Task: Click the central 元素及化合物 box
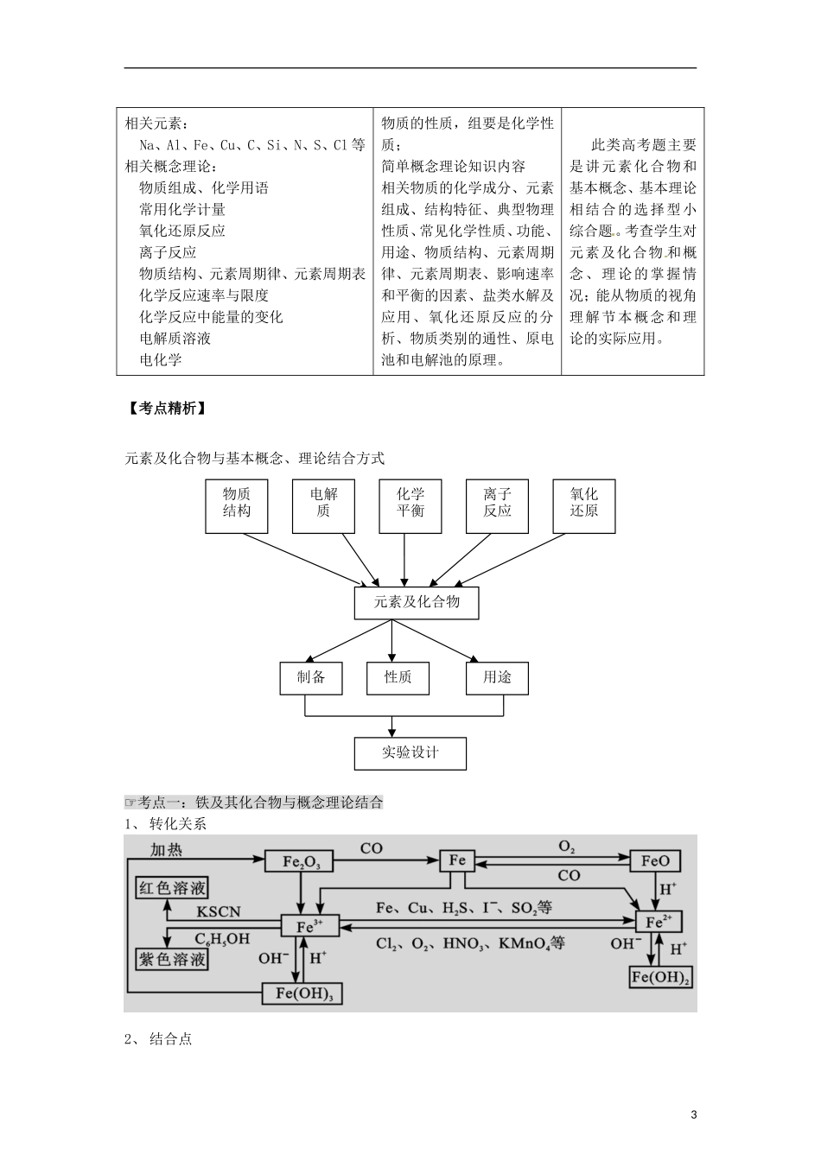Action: pyautogui.click(x=417, y=602)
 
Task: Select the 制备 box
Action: pyautogui.click(x=311, y=678)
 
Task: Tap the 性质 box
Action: pyautogui.click(x=398, y=678)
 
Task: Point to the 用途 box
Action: pyautogui.click(x=498, y=678)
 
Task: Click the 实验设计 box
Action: pyautogui.click(x=410, y=752)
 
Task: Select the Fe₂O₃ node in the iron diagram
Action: pyautogui.click(x=302, y=861)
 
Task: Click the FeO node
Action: pyautogui.click(x=655, y=861)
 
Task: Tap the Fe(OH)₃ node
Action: pyautogui.click(x=302, y=993)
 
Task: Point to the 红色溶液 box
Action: pyautogui.click(x=173, y=887)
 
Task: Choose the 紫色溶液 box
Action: pyautogui.click(x=173, y=959)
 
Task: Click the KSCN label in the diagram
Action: pyautogui.click(x=219, y=911)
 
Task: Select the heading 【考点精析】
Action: pyautogui.click(x=165, y=409)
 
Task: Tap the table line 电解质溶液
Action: pyautogui.click(x=175, y=339)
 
